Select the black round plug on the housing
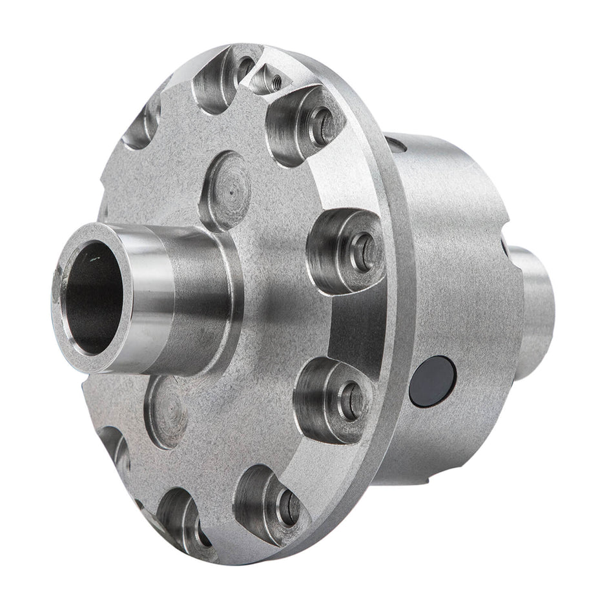[x=433, y=381]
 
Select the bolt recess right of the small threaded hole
[x=303, y=126]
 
